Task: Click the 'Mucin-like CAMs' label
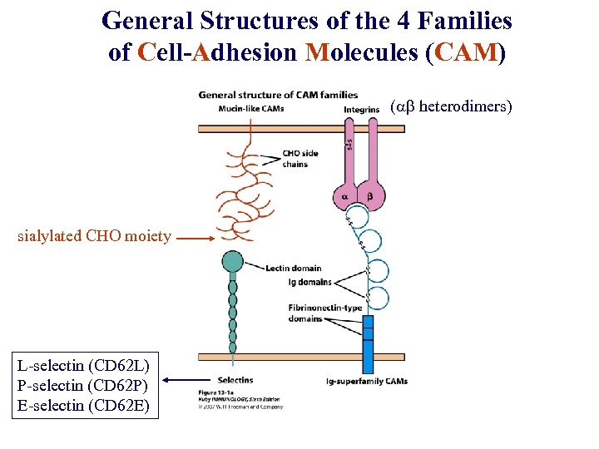[x=250, y=109]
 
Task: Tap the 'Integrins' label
[x=361, y=109]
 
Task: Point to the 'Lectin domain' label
[x=294, y=269]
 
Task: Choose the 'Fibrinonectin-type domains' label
[x=324, y=313]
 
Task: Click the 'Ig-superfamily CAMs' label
[x=366, y=381]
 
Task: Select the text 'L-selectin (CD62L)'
[x=83, y=364]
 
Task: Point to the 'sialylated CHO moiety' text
[x=94, y=236]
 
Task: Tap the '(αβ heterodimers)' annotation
[x=451, y=106]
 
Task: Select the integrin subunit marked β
[x=372, y=197]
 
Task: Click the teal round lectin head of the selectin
[x=232, y=262]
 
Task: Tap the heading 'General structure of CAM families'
[x=278, y=95]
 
